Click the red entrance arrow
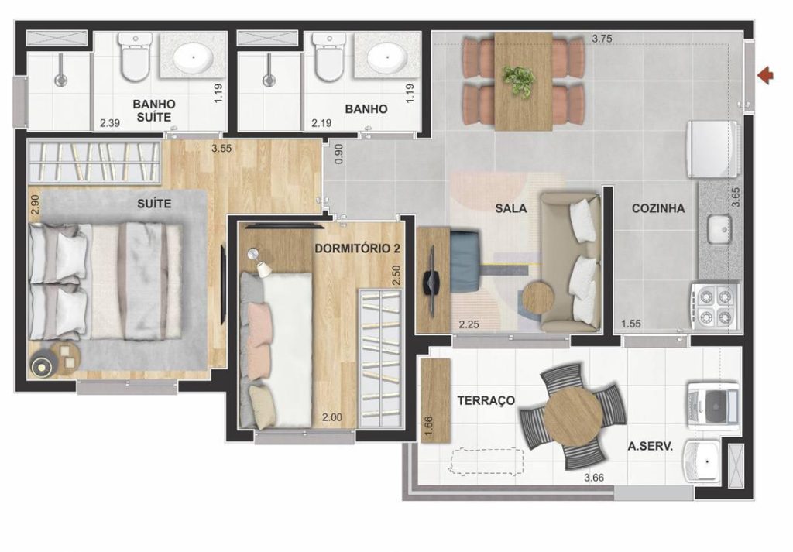766,75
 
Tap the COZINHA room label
657,208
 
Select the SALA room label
511,208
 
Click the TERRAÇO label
486,400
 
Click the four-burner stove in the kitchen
713,306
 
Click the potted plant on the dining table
518,79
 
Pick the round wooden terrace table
572,415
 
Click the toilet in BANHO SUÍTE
135,58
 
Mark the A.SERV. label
650,447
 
